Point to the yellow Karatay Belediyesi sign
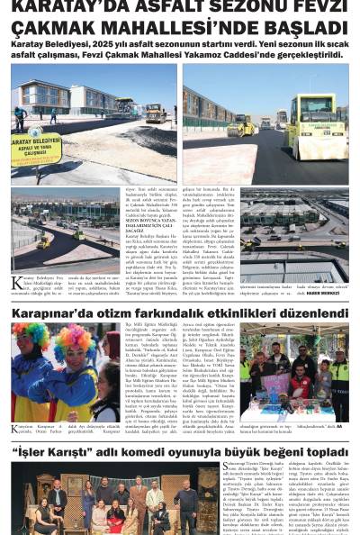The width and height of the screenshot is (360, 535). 37,146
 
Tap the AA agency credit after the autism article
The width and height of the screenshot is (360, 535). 339,425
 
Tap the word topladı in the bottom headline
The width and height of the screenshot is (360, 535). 319,451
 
